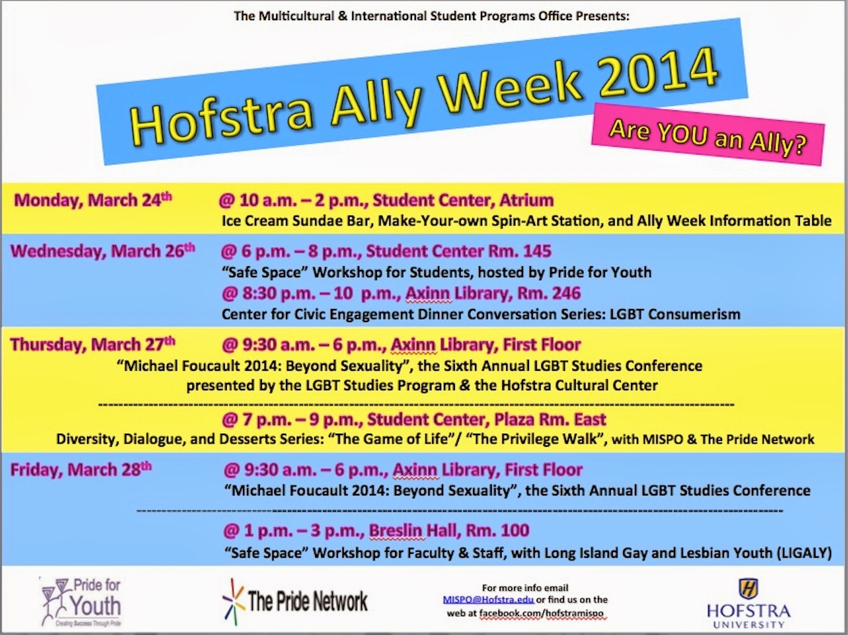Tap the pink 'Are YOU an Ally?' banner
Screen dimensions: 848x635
[708, 134]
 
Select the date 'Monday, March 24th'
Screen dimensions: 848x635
[93, 201]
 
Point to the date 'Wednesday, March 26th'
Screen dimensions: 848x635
[103, 251]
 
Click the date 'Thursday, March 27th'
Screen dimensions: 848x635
[93, 345]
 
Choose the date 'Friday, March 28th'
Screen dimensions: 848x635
[81, 470]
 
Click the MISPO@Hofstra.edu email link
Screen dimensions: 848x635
[488, 600]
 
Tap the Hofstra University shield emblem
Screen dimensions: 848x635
[749, 588]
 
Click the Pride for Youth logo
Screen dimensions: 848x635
[81, 601]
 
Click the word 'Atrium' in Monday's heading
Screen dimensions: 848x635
[526, 201]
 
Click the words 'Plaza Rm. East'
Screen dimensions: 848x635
[545, 419]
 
